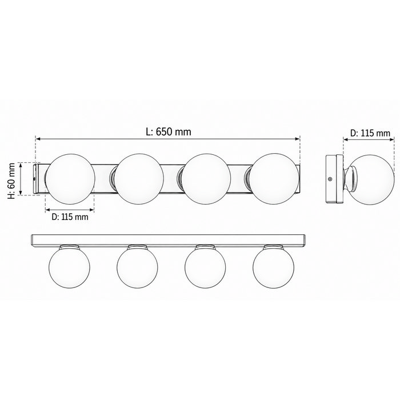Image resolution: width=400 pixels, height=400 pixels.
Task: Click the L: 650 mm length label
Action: tap(169, 132)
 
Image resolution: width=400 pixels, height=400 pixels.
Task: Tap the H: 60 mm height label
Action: tap(11, 181)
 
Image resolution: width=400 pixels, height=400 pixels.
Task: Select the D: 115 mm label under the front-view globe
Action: tap(70, 217)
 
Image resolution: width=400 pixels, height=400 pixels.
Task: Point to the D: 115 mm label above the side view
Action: tap(370, 133)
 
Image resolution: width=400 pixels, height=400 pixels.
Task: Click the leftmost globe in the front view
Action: tap(70, 179)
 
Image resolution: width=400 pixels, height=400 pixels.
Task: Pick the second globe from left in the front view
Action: tap(138, 179)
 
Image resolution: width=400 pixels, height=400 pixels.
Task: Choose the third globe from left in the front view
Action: tap(206, 179)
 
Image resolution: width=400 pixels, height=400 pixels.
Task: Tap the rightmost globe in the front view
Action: tap(274, 179)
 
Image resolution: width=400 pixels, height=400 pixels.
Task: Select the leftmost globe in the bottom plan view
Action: tap(69, 267)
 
